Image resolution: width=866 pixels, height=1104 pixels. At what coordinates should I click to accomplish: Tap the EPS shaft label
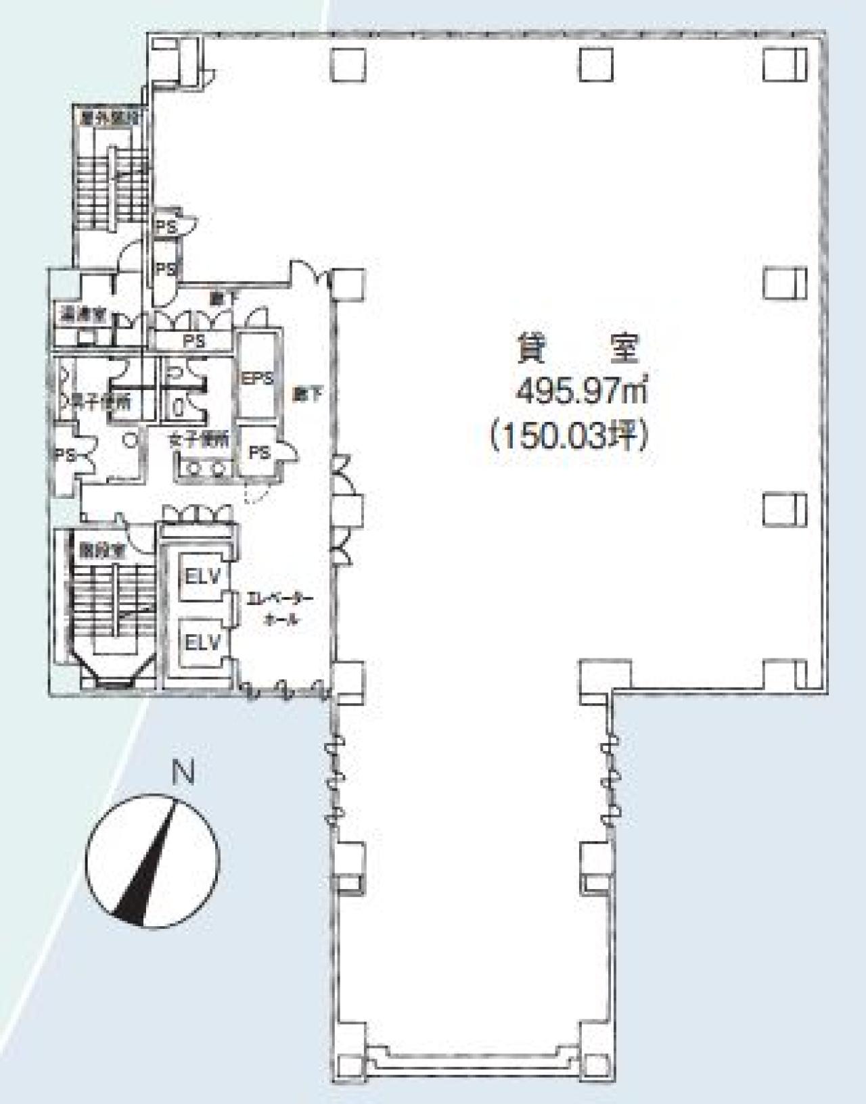coord(256,379)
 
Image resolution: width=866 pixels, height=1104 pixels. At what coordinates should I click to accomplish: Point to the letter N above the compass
coord(183,773)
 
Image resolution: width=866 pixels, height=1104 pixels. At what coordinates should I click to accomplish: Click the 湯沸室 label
coord(81,316)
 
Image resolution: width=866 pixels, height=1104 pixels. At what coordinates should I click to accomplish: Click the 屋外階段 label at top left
coord(108,117)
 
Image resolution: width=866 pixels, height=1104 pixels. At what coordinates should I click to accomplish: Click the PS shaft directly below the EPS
coord(259,452)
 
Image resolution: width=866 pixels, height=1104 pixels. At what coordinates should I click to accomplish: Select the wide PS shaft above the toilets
coord(193,341)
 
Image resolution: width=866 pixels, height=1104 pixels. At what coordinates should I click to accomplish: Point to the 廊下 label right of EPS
coord(308,393)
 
